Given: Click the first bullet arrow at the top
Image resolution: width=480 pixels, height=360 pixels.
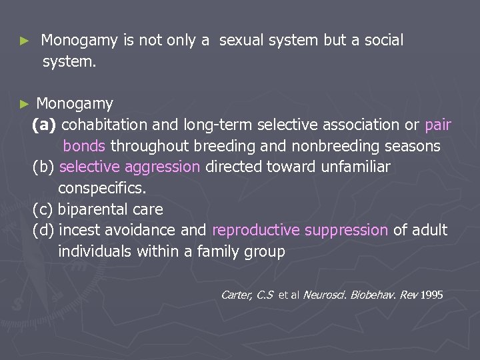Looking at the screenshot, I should (24, 41).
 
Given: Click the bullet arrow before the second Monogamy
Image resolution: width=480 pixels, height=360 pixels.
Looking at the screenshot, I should (24, 104).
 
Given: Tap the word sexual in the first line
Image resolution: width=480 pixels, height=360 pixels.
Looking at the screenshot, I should (241, 41).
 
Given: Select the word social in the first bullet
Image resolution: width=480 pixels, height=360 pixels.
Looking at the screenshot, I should (383, 41).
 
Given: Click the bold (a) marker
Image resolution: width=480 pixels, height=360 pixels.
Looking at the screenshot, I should (45, 125).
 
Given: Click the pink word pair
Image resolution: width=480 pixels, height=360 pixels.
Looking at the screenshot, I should (437, 125).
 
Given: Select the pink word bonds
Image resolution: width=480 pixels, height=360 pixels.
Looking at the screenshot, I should (84, 146).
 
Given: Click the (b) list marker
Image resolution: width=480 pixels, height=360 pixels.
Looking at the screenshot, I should (43, 167).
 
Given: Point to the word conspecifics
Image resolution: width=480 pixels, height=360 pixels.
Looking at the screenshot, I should (101, 188).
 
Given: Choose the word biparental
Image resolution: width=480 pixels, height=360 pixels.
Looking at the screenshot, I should (93, 209).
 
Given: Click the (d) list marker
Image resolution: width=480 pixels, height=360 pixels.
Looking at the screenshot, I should (43, 231).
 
